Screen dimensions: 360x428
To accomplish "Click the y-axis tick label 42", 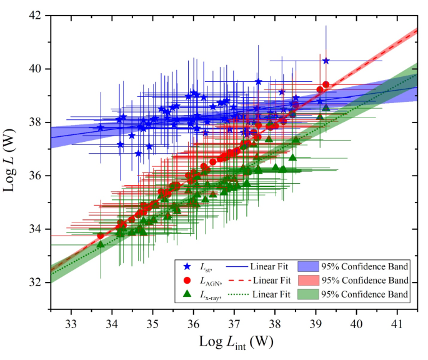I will pyautogui.click(x=34, y=15).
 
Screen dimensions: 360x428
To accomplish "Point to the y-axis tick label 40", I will pyautogui.click(x=34, y=69).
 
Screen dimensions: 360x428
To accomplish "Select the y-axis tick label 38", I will pyautogui.click(x=34, y=122).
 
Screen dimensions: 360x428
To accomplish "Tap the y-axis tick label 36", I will pyautogui.click(x=34, y=176).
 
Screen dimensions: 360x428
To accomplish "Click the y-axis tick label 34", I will pyautogui.click(x=34, y=229).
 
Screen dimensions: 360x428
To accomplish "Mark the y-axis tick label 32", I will pyautogui.click(x=34, y=282).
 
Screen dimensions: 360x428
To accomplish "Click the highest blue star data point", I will pyautogui.click(x=326, y=61).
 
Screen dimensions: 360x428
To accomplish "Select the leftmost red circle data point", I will pyautogui.click(x=100, y=236).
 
